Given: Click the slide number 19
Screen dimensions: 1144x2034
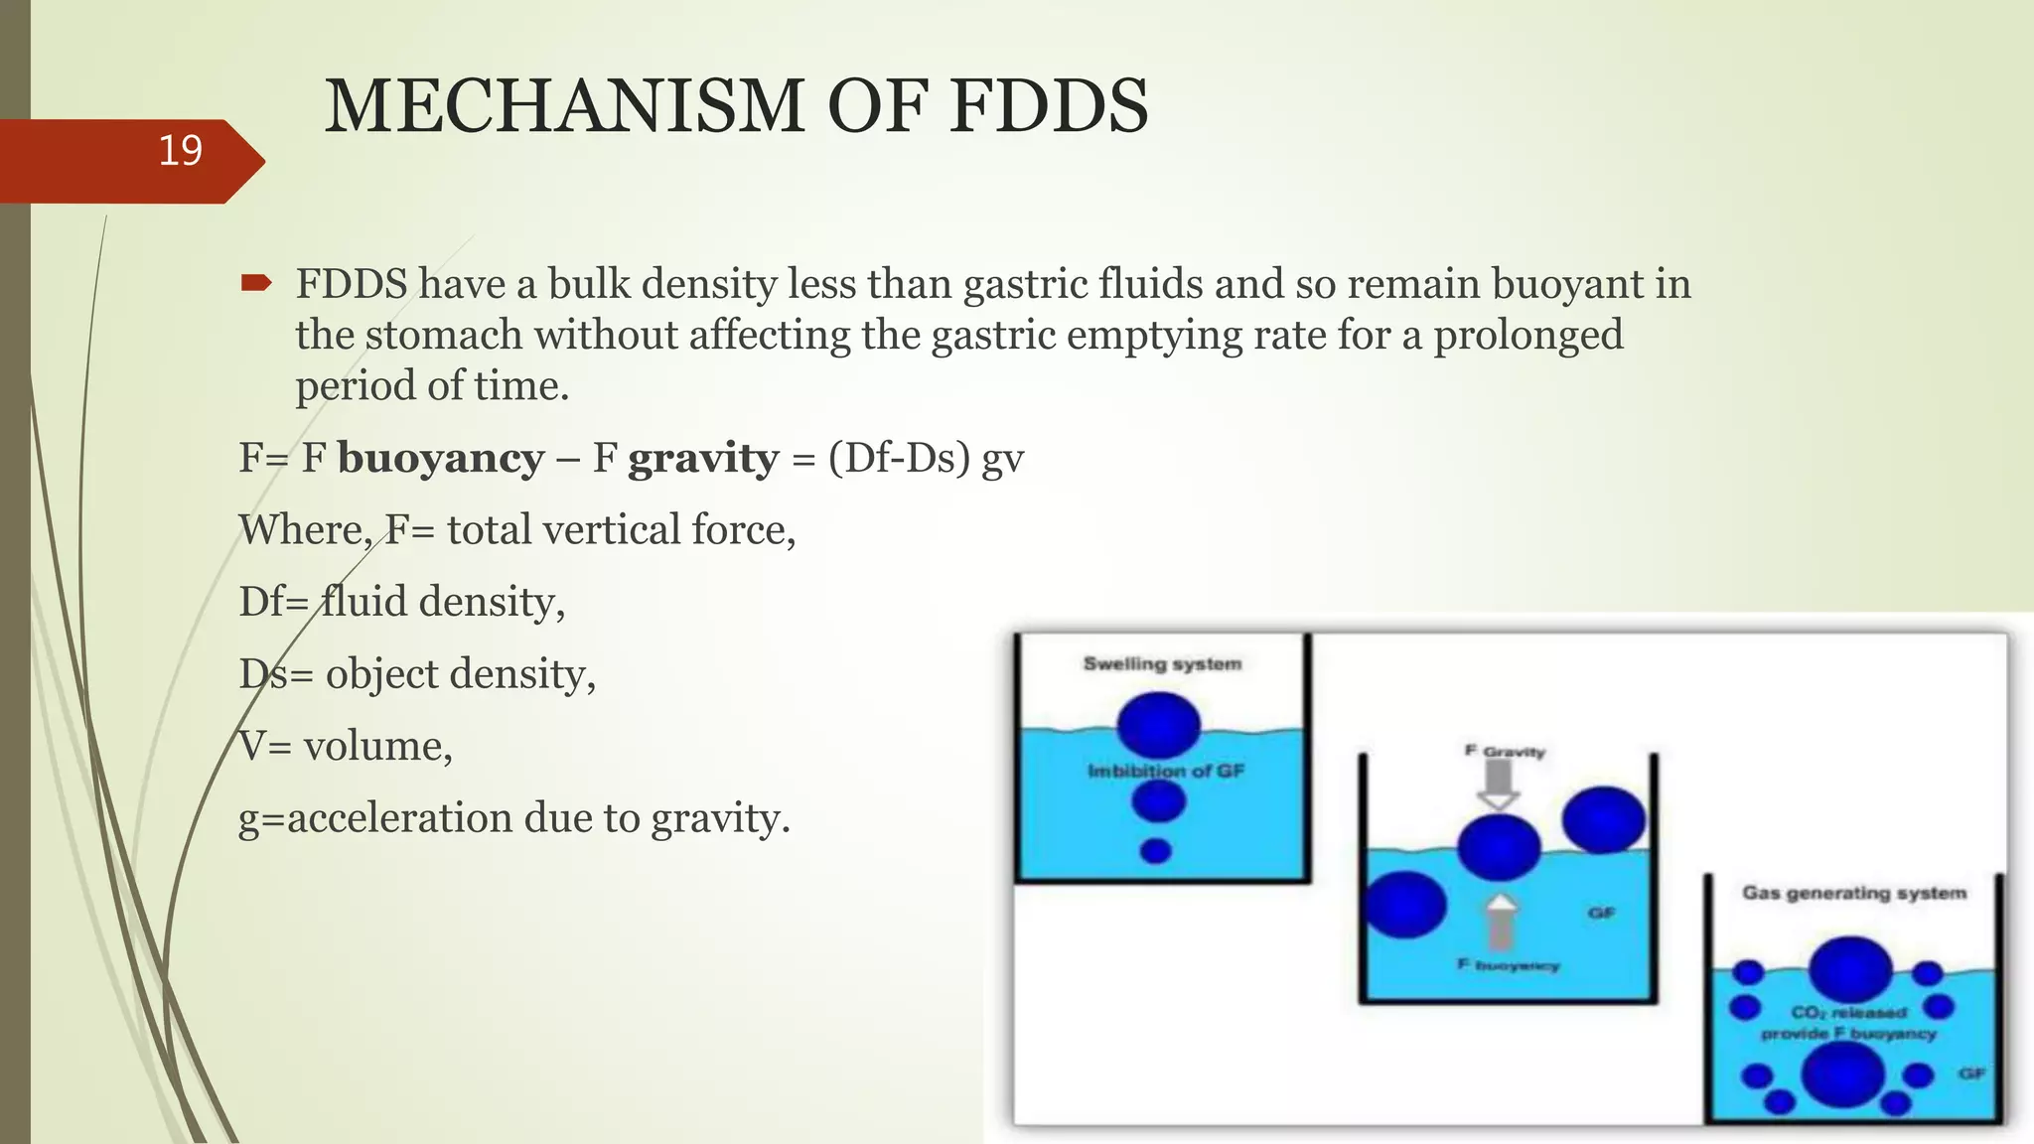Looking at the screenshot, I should coord(180,151).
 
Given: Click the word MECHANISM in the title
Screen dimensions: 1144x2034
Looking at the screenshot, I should coord(563,106).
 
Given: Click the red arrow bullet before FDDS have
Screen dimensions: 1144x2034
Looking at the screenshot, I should coord(255,285).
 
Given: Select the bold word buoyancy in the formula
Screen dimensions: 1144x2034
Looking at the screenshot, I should coord(441,459).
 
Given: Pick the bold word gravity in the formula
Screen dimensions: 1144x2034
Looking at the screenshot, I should coord(703,459).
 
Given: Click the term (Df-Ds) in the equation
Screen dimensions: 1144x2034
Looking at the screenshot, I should coord(899,459).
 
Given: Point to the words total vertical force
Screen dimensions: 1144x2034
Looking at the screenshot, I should coord(621,530).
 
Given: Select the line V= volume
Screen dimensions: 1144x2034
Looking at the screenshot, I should coord(346,747).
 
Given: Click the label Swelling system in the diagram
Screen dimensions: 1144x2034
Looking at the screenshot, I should coord(1162,664).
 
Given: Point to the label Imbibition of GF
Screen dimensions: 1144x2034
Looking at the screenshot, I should coord(1165,772).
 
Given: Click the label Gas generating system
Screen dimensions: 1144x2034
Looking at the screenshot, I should coord(1853,893).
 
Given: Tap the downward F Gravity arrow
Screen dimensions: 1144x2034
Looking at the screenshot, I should coord(1499,786).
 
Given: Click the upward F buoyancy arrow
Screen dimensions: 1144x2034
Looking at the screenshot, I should coord(1502,922).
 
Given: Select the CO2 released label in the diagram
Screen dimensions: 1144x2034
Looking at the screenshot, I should coord(1848,1013).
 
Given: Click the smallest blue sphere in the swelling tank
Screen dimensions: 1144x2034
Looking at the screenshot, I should coord(1156,851).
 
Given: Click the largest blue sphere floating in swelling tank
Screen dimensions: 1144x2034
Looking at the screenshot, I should coord(1158,724).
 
